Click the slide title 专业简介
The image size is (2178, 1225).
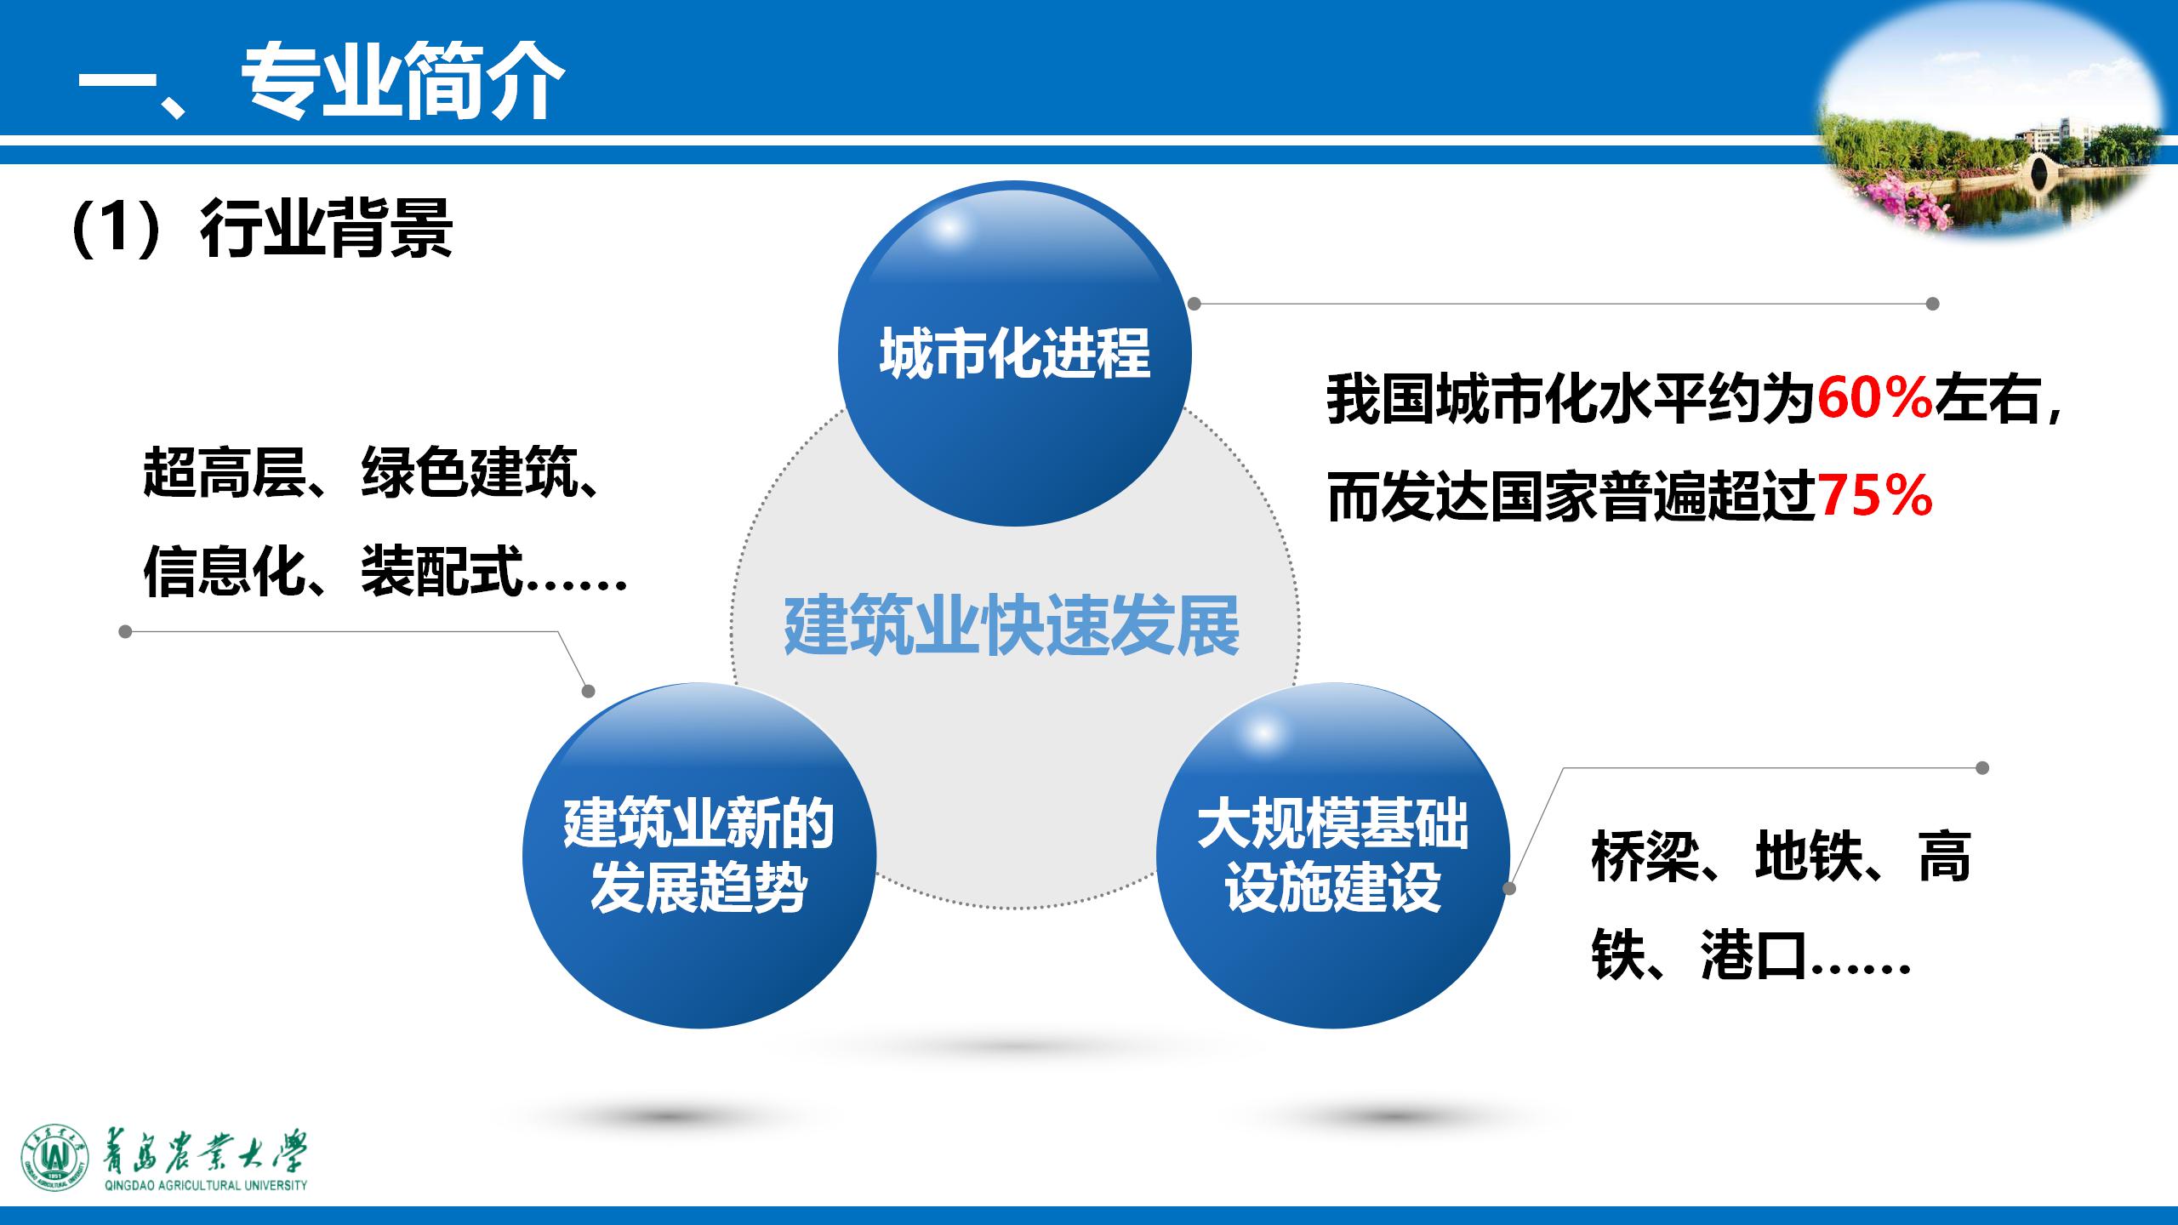pos(402,83)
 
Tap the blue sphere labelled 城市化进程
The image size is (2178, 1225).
pos(1014,353)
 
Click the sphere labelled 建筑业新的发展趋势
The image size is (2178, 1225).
pos(698,855)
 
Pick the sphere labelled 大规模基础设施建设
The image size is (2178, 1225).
pos(1332,855)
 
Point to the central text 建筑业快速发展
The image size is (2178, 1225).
pos(1012,627)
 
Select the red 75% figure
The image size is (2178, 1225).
pos(1875,496)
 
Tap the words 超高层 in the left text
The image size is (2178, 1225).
pos(224,472)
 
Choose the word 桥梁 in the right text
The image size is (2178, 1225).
pos(1645,857)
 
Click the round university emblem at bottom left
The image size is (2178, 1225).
pos(55,1161)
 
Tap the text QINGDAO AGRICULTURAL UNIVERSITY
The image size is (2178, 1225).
pos(205,1185)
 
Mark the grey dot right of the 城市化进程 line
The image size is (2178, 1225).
pos(1933,304)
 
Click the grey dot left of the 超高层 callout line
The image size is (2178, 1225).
pos(125,632)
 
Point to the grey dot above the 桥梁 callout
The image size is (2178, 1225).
pos(1982,768)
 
